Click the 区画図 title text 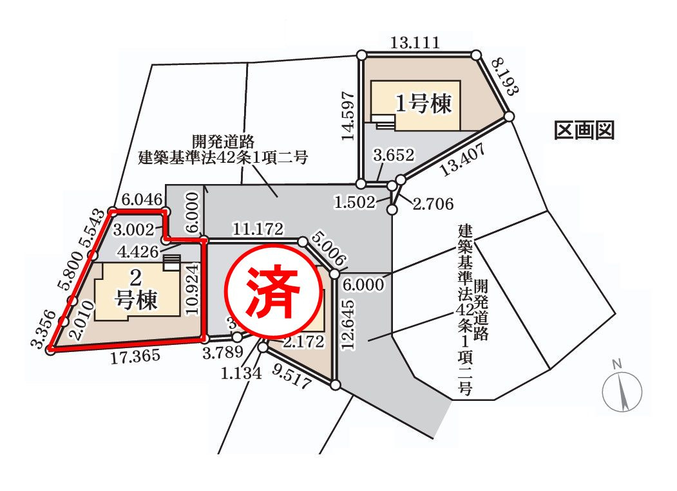(x=584, y=131)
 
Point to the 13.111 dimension (x=415, y=44)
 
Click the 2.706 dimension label (x=433, y=204)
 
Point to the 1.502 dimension (x=354, y=203)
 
